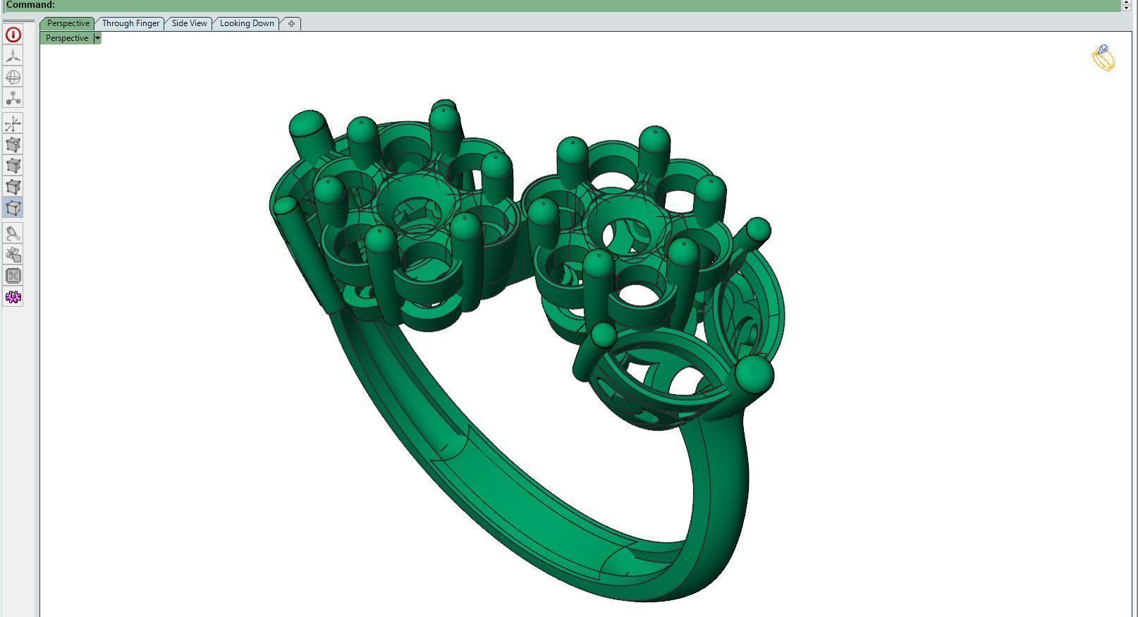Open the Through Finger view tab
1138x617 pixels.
[x=130, y=23]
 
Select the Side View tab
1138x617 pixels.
[x=189, y=23]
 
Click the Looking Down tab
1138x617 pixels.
[x=247, y=23]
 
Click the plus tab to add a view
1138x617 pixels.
[x=291, y=23]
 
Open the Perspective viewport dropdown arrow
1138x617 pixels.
[x=97, y=38]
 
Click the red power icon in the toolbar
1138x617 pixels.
[x=13, y=35]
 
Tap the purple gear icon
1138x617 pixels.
[x=13, y=297]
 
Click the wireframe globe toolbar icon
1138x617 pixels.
[x=13, y=77]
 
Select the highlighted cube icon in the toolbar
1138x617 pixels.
[x=13, y=208]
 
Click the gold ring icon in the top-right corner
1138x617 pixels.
[x=1103, y=58]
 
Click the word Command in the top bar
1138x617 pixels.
[x=30, y=5]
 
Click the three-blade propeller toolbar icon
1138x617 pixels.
[x=13, y=56]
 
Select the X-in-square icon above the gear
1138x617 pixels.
[x=13, y=276]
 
